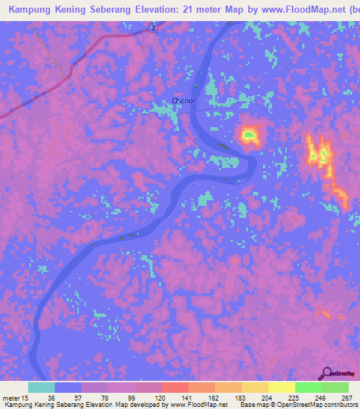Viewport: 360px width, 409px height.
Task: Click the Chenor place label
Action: pyautogui.click(x=183, y=100)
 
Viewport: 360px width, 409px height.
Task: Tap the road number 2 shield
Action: pyautogui.click(x=152, y=28)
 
